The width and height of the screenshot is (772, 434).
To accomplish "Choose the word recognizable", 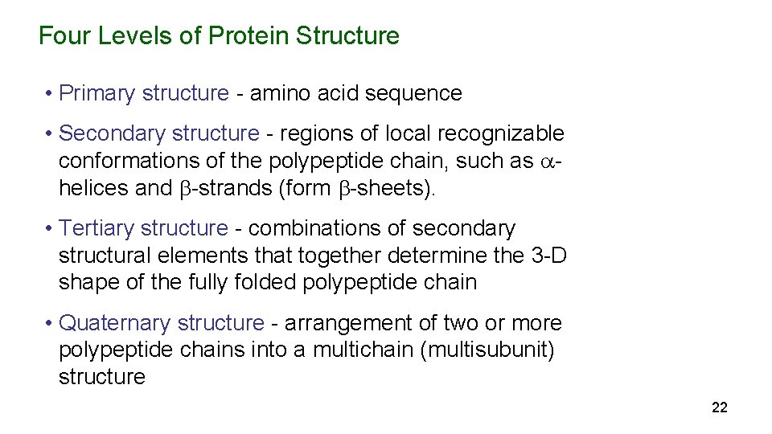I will click(498, 133).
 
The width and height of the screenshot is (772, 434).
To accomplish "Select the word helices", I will click(89, 188).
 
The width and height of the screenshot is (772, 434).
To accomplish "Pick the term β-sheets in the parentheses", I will click(379, 188).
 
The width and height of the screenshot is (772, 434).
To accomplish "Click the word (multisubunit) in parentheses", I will click(487, 350).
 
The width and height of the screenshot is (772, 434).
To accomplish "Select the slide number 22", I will click(720, 408).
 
